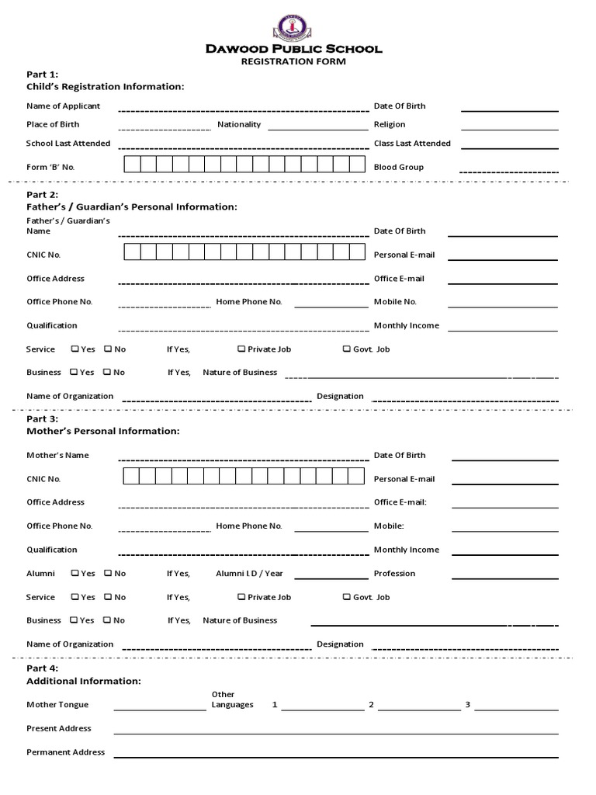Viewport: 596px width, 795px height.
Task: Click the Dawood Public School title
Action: pyautogui.click(x=293, y=49)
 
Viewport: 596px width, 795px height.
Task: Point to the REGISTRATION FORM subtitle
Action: pyautogui.click(x=293, y=62)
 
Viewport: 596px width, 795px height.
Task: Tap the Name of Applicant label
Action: pyautogui.click(x=63, y=106)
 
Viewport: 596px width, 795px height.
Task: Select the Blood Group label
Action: pyautogui.click(x=398, y=167)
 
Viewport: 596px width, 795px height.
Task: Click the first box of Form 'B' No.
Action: pyautogui.click(x=131, y=164)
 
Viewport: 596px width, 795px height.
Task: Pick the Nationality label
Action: pyautogui.click(x=239, y=124)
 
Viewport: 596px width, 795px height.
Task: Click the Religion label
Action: pyautogui.click(x=390, y=124)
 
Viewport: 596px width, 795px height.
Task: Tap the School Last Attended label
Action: pyautogui.click(x=68, y=144)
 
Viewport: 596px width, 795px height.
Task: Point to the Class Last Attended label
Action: pyautogui.click(x=412, y=144)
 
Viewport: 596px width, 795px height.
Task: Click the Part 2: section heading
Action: pyautogui.click(x=43, y=195)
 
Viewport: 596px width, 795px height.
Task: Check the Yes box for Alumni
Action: pyautogui.click(x=74, y=574)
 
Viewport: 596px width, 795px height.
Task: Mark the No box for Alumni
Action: pyautogui.click(x=108, y=574)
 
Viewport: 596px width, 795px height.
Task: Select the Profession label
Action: pyautogui.click(x=394, y=574)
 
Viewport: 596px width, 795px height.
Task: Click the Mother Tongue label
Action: pyautogui.click(x=57, y=705)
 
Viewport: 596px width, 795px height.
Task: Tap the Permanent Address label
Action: pyautogui.click(x=65, y=752)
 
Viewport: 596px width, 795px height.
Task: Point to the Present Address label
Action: pyautogui.click(x=59, y=728)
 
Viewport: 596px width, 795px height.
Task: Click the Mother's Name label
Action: pyautogui.click(x=57, y=456)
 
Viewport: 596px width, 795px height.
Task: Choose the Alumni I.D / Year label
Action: pyautogui.click(x=249, y=574)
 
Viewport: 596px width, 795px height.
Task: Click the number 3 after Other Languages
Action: pyautogui.click(x=468, y=705)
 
